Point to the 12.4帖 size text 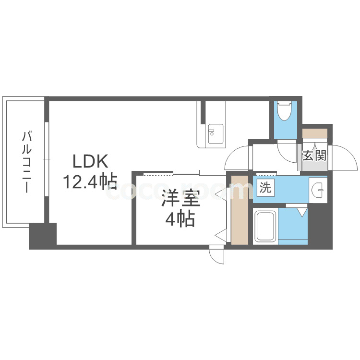point(90,181)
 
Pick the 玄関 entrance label point(314,155)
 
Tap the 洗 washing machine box point(265,188)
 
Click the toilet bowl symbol point(285,111)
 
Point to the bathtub point(264,226)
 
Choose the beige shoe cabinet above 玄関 point(314,132)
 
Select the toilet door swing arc point(287,152)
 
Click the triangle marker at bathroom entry point(301,211)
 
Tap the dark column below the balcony point(43,236)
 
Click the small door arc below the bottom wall point(217,254)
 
